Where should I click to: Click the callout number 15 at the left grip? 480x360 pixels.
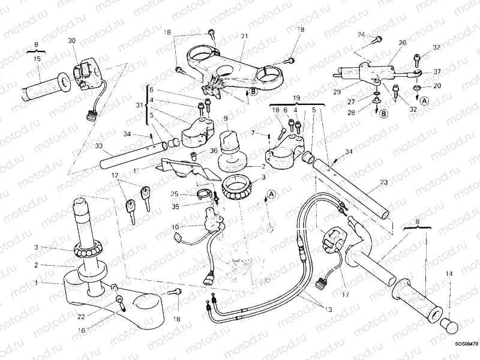37,59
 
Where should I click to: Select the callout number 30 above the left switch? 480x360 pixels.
72,40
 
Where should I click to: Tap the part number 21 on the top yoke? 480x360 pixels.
244,37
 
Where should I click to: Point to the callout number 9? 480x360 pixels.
225,118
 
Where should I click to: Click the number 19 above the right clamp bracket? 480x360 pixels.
296,97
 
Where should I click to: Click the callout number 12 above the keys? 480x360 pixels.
112,175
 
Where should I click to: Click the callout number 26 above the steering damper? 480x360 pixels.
403,43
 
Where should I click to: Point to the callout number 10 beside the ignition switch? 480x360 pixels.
175,227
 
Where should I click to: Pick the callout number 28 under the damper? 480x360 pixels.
367,112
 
